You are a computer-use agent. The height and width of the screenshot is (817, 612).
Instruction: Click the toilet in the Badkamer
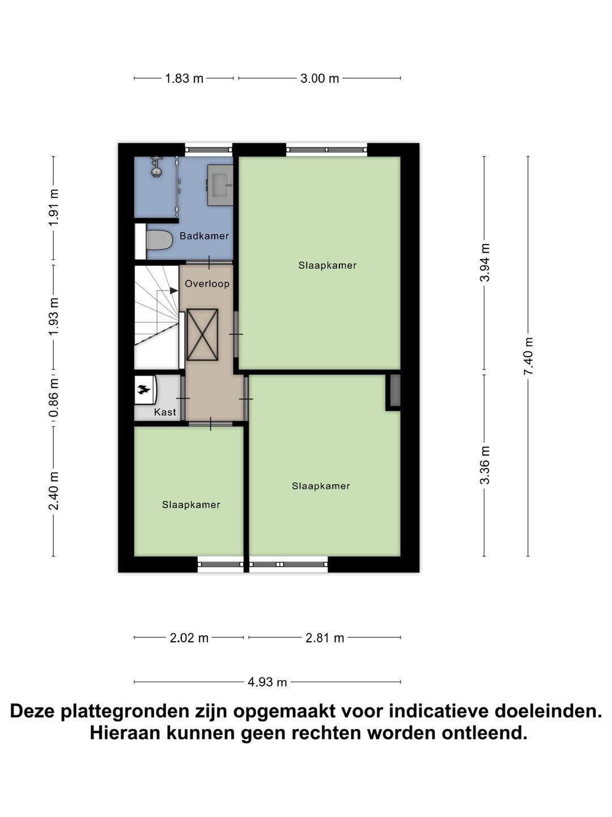tap(158, 240)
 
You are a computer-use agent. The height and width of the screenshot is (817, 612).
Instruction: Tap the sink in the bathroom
tap(220, 184)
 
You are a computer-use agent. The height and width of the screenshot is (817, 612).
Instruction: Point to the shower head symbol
tap(156, 167)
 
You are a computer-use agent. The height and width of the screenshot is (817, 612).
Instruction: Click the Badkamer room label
tap(204, 236)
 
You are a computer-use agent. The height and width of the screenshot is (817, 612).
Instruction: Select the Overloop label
tap(207, 284)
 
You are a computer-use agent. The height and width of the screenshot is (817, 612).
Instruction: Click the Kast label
tap(165, 412)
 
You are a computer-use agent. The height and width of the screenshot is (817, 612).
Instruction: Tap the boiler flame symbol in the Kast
tap(143, 389)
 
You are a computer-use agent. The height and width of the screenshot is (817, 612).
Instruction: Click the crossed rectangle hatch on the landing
tap(202, 334)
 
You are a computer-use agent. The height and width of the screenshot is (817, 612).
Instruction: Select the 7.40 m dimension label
tap(529, 356)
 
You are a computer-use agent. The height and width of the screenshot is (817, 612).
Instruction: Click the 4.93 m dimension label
tap(267, 682)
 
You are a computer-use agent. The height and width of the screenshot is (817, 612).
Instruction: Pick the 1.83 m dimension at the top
tap(184, 78)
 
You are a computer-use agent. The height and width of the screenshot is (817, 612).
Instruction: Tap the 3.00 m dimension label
tap(320, 78)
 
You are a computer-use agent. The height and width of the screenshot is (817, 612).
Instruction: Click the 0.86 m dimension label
tap(54, 397)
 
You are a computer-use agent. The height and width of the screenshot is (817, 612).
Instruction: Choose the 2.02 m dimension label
tap(189, 638)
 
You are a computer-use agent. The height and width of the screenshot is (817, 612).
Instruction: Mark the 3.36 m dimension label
tap(484, 465)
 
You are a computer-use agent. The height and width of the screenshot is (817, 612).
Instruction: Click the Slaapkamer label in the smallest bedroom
tap(191, 505)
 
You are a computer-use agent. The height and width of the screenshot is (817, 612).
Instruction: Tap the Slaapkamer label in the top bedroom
tap(328, 266)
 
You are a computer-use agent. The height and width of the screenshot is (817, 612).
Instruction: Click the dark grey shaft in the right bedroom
tap(395, 390)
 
